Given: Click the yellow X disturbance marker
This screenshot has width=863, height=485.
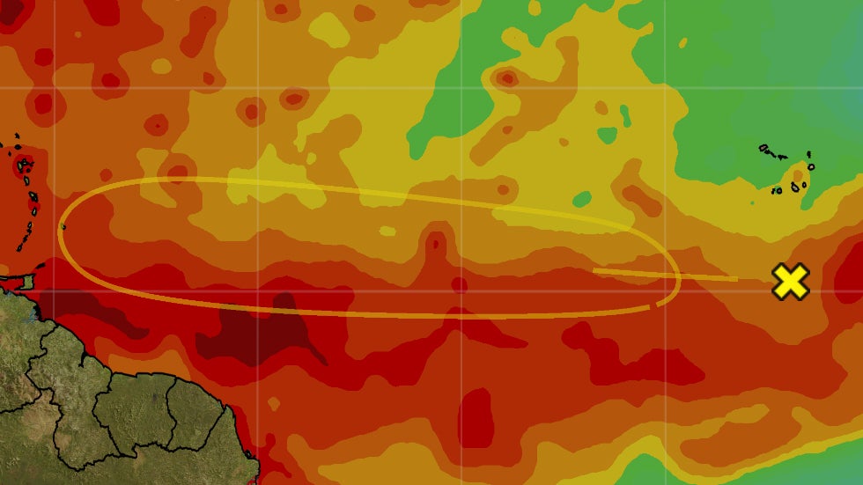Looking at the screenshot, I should click(790, 282).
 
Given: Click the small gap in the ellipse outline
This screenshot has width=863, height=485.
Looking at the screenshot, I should click(653, 306).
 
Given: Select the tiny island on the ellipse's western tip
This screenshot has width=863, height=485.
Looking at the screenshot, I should click(63, 227).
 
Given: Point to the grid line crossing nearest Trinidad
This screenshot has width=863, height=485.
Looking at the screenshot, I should click(53, 290).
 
